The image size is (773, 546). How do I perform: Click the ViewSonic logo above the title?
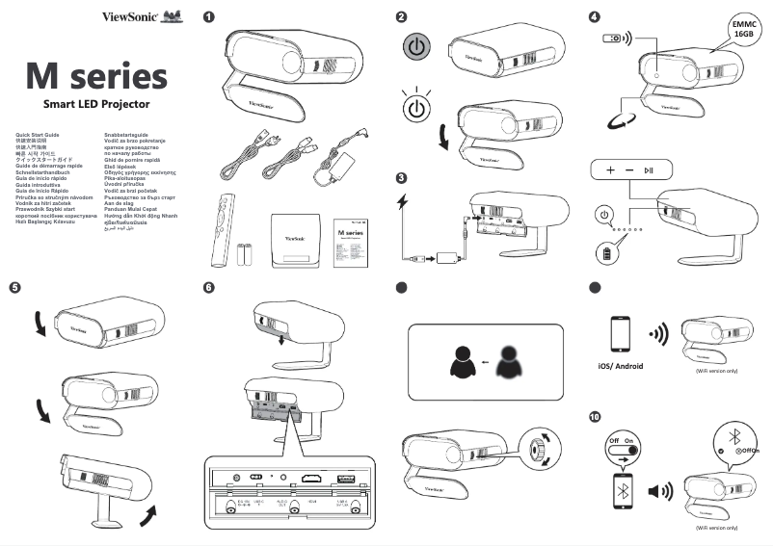coord(129,16)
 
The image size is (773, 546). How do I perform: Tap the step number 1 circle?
coord(209,16)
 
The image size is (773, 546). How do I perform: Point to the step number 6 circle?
coord(209,287)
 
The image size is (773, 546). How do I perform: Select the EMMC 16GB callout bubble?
coord(742,27)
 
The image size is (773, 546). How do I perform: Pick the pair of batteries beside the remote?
coord(246,252)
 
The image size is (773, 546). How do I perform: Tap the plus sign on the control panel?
coord(609,169)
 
